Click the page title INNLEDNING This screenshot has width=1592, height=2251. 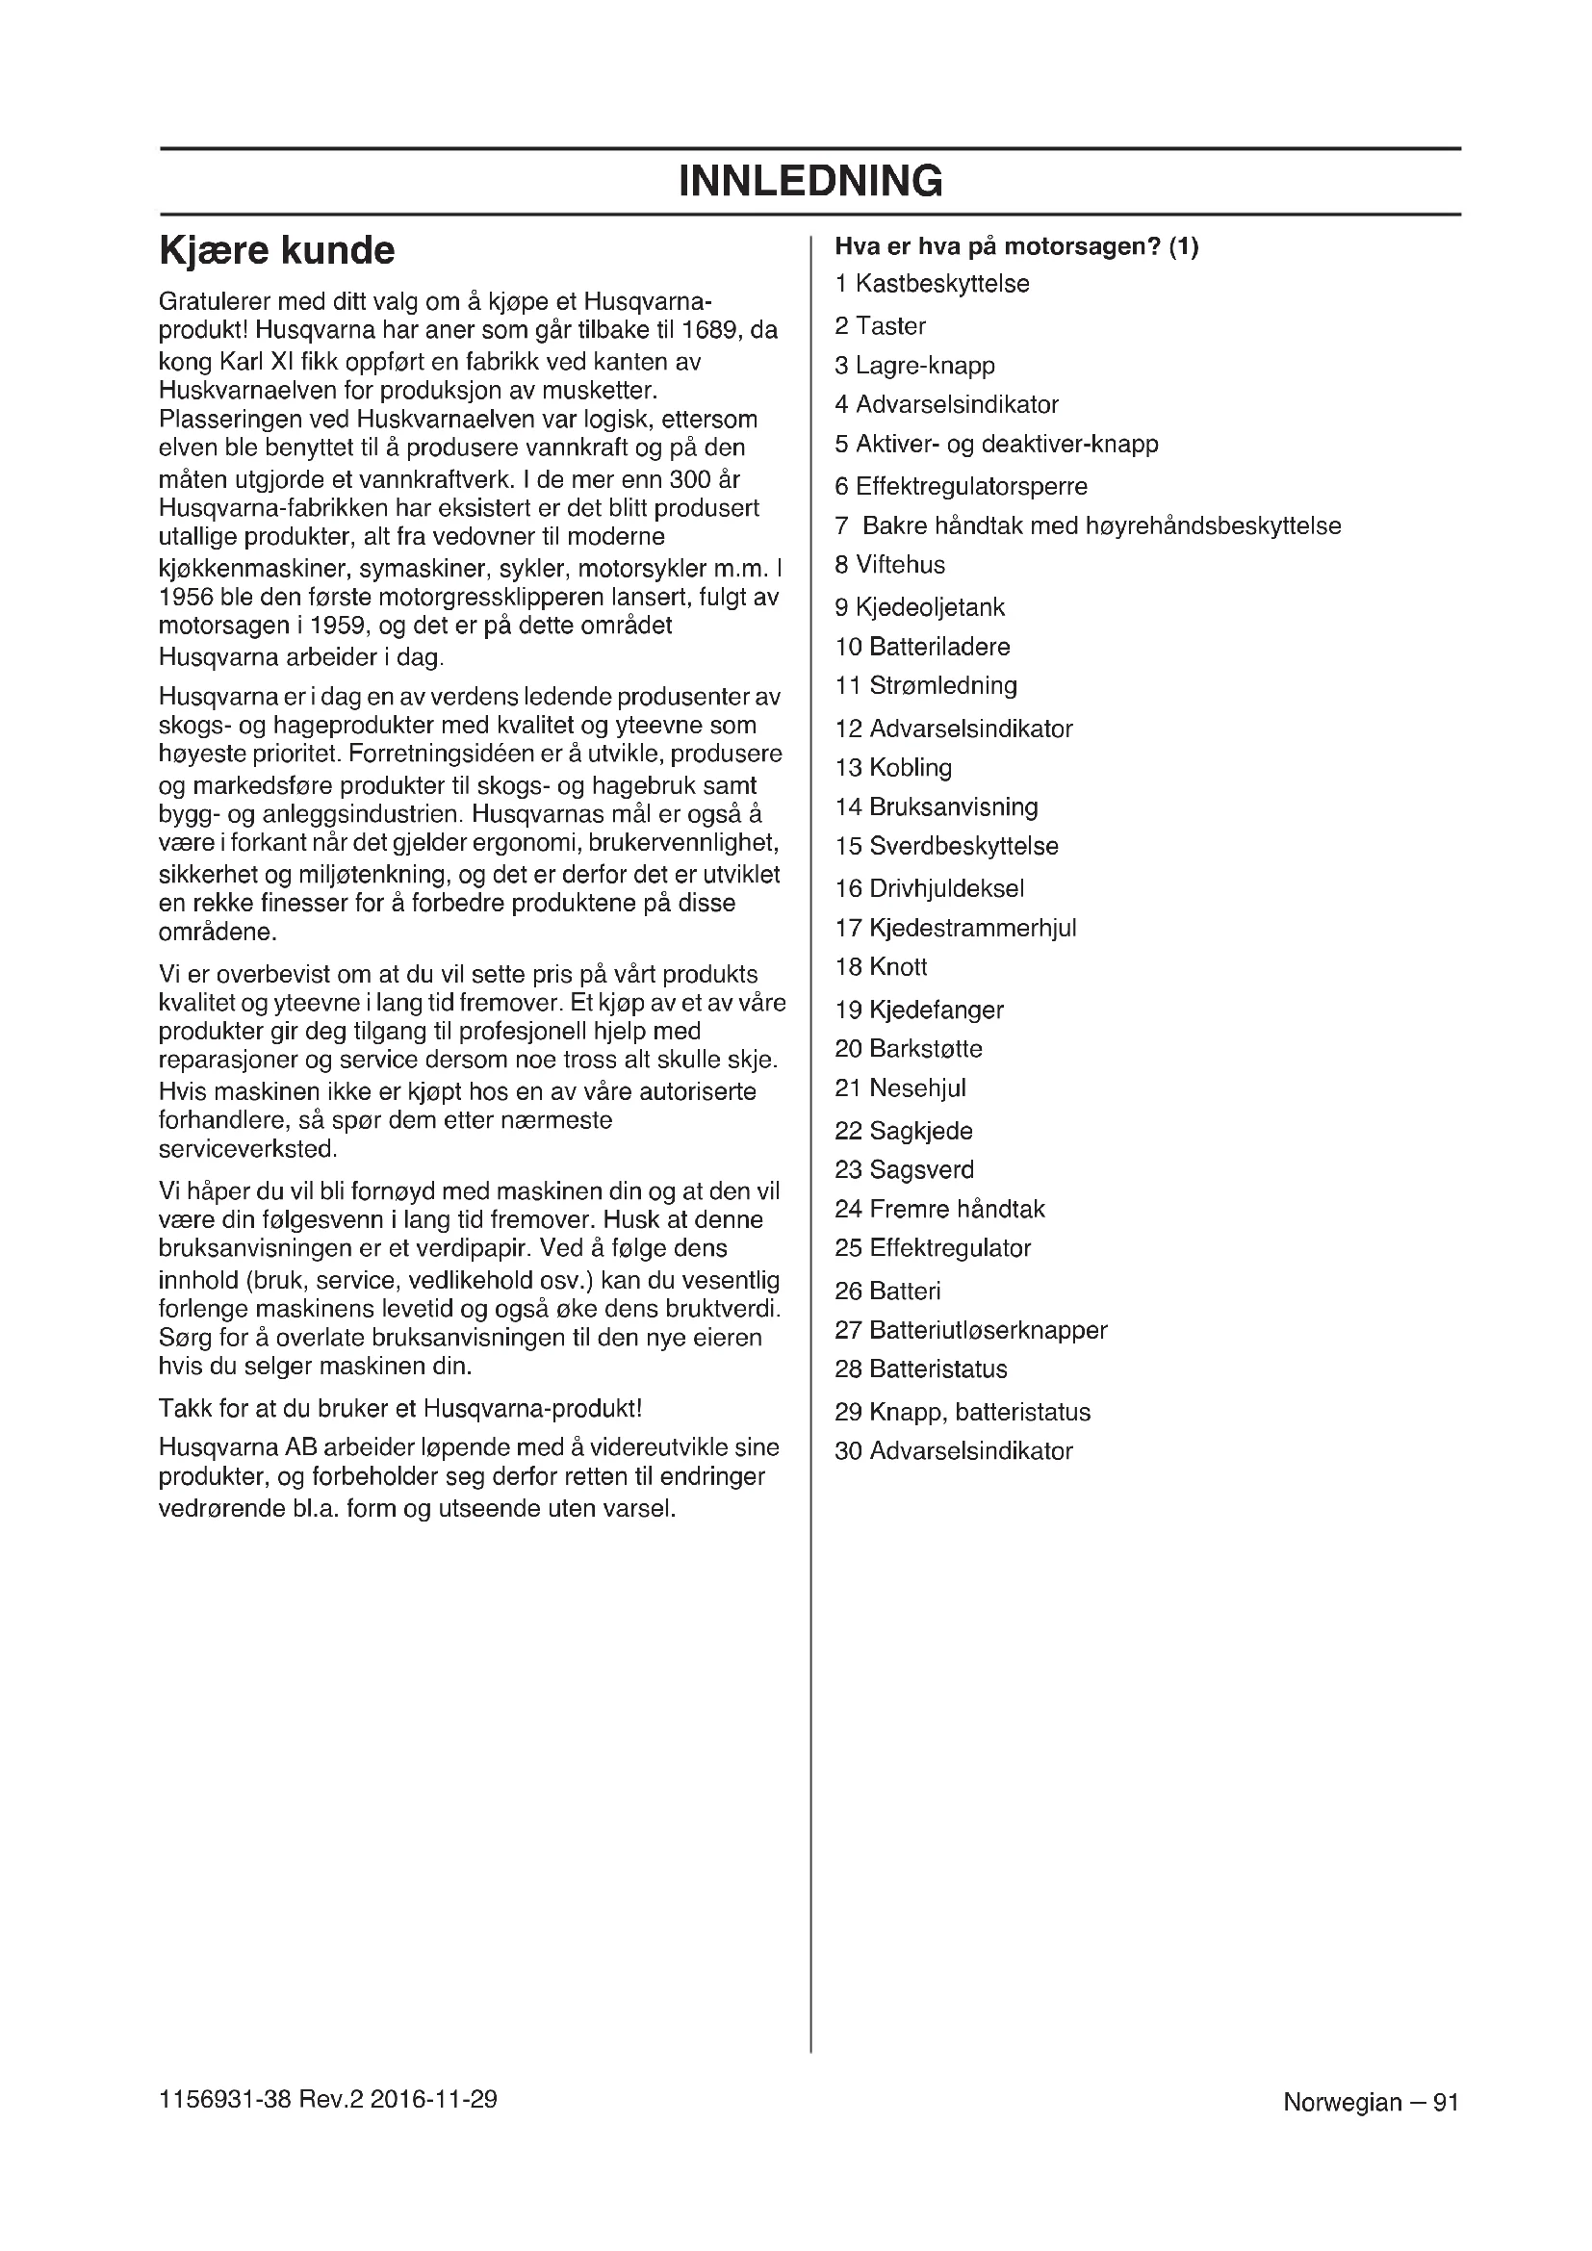click(809, 181)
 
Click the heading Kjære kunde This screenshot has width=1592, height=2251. click(276, 251)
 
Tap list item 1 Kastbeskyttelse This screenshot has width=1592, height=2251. click(932, 284)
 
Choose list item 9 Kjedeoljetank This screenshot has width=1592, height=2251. click(919, 608)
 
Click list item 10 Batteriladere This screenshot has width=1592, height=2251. click(921, 647)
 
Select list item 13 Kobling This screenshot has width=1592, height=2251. click(893, 768)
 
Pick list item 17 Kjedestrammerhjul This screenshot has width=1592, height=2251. click(955, 928)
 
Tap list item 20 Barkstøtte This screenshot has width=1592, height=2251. click(908, 1049)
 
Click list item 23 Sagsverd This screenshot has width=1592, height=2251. click(904, 1169)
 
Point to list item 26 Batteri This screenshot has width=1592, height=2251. click(887, 1292)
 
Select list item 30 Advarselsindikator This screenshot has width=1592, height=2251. click(953, 1451)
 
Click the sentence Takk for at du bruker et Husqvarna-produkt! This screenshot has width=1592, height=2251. click(400, 1409)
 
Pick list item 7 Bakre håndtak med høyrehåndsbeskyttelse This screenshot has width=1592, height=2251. click(1087, 526)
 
